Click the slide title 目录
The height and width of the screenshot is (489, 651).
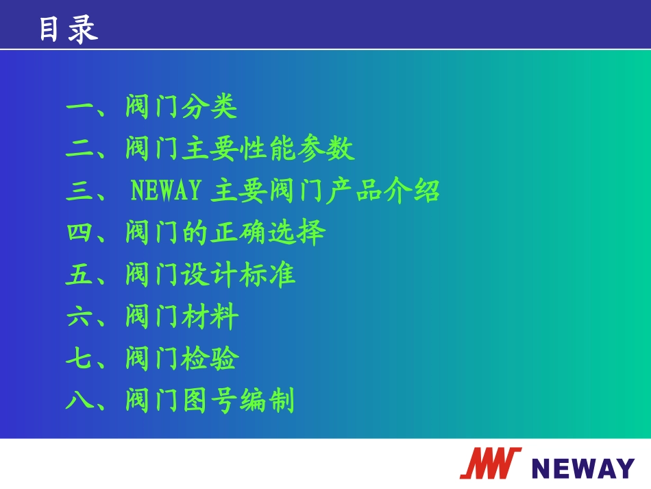tap(68, 29)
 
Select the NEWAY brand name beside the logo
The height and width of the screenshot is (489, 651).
tap(582, 468)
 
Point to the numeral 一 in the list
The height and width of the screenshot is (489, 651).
tap(79, 108)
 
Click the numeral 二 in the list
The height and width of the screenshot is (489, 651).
tap(79, 150)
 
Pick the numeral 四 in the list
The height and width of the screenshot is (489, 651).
tap(79, 233)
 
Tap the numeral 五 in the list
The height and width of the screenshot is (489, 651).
tap(79, 275)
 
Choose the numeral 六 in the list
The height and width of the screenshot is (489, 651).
tap(79, 317)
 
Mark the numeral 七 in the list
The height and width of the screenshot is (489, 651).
tap(79, 359)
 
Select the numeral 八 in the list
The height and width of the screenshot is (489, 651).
tap(79, 401)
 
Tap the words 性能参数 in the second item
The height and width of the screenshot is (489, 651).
tap(297, 150)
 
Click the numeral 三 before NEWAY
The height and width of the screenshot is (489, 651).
tap(79, 191)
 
